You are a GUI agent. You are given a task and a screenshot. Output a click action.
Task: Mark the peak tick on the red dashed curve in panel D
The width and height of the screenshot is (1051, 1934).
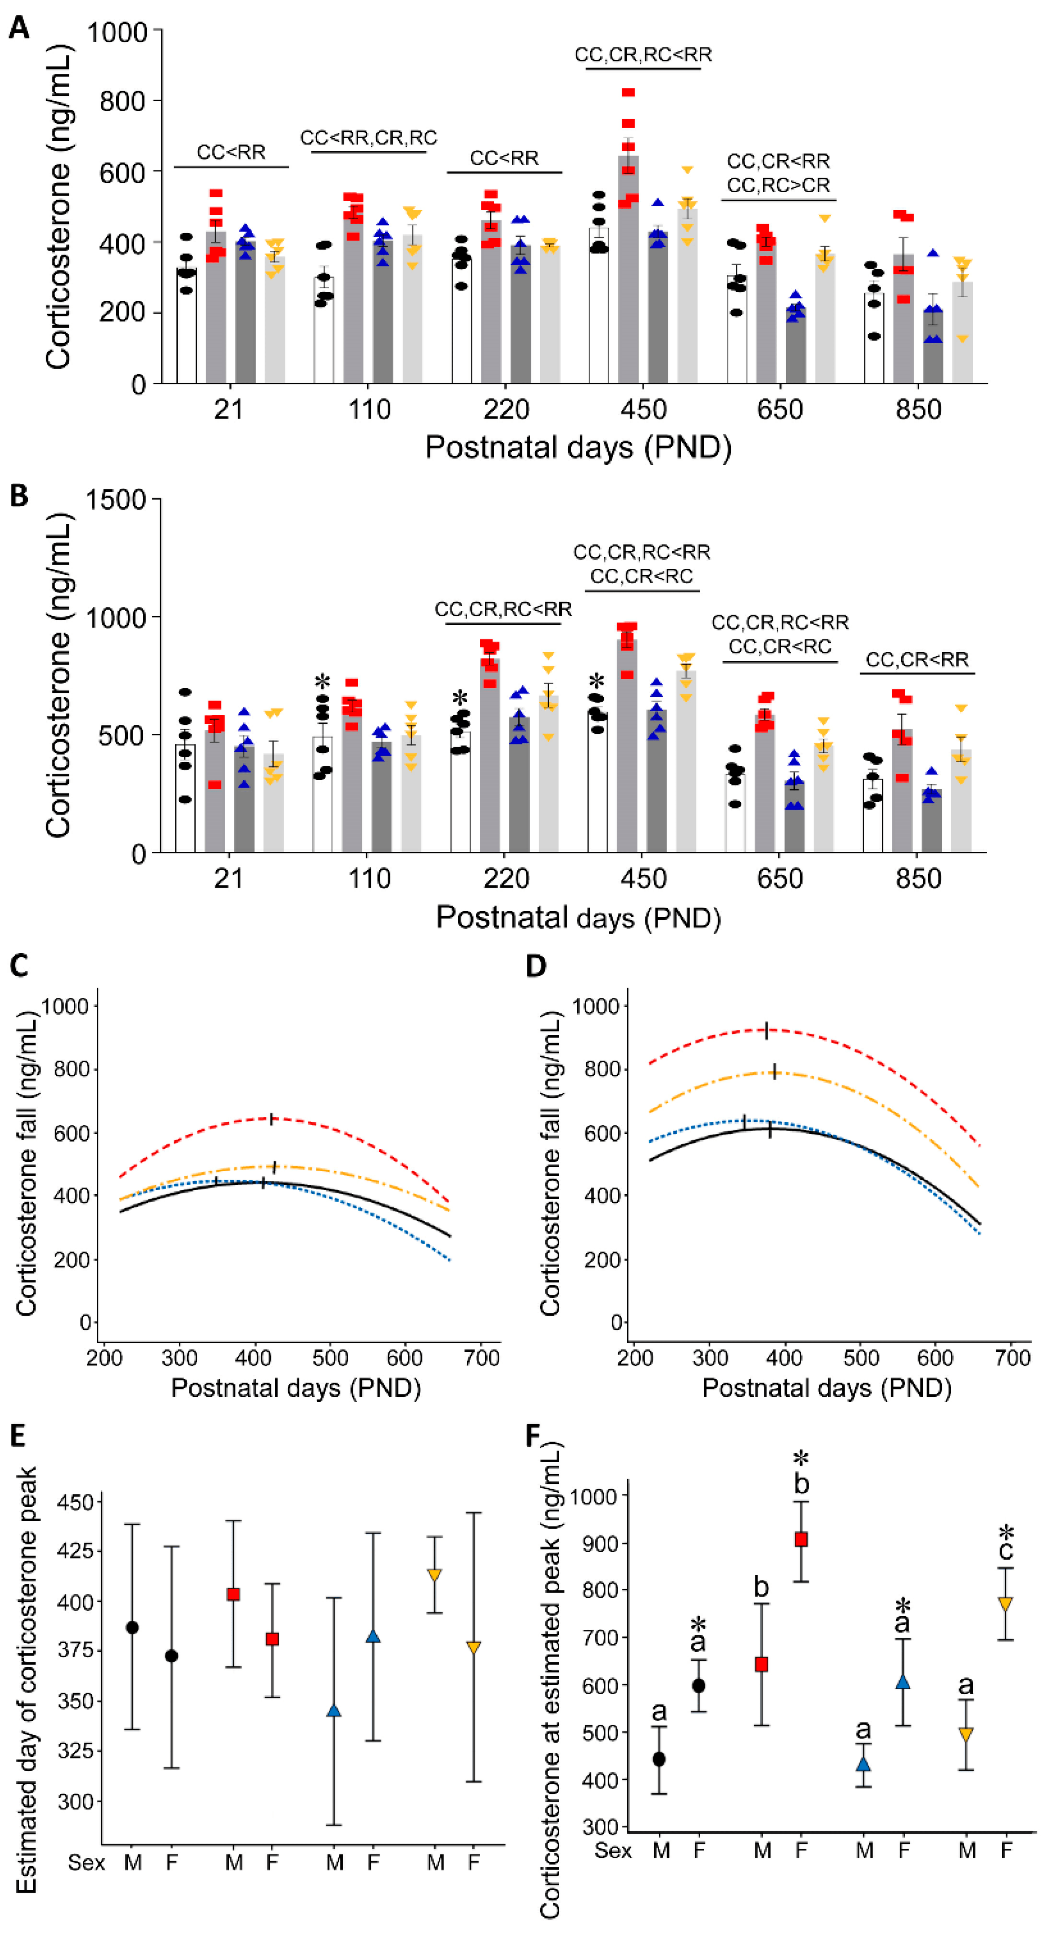tap(766, 1030)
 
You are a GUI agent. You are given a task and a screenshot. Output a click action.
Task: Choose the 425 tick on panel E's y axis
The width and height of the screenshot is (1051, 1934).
tap(75, 1551)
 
